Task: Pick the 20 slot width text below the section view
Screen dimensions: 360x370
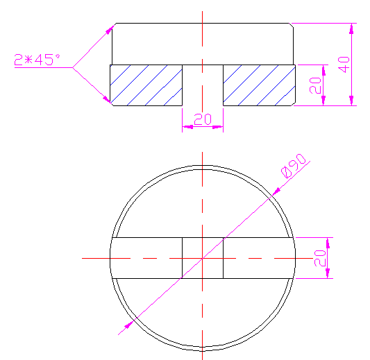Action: click(202, 119)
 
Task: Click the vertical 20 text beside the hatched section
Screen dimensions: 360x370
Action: click(314, 85)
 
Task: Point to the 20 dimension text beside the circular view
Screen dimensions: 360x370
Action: click(319, 257)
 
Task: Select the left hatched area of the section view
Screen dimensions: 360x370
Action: click(146, 85)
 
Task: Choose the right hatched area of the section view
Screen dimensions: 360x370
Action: click(258, 85)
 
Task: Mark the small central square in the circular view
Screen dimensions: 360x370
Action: click(202, 258)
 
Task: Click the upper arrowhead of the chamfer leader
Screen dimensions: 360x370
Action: click(110, 28)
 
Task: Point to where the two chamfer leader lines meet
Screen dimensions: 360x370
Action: click(74, 67)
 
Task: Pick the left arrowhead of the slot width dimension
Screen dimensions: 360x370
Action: click(185, 127)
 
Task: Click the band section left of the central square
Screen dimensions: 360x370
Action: click(146, 258)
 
